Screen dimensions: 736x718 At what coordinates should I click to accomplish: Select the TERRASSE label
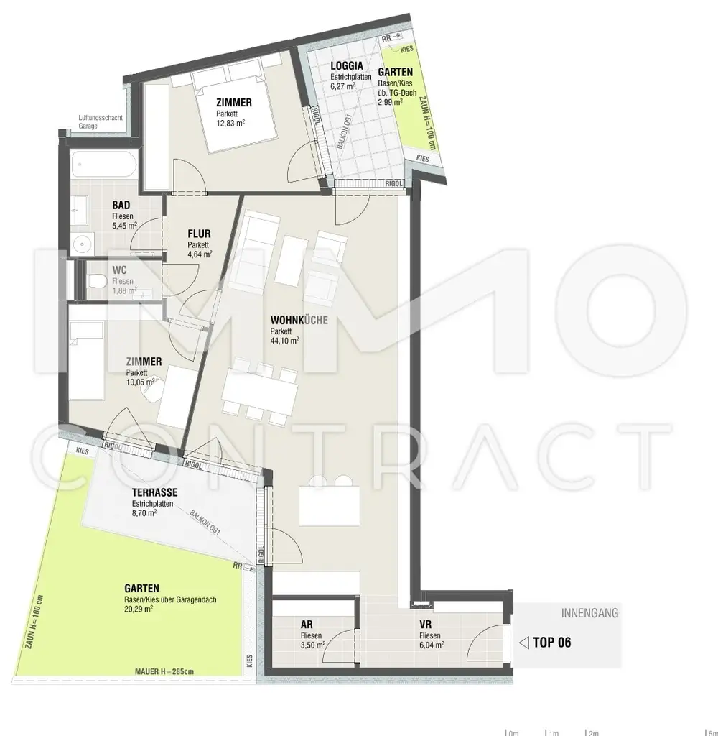click(154, 492)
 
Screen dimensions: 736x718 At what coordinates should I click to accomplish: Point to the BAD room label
click(121, 205)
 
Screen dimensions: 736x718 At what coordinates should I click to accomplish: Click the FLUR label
click(199, 234)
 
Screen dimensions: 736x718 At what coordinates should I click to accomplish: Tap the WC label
click(120, 270)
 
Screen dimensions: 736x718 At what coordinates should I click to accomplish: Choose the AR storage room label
click(307, 625)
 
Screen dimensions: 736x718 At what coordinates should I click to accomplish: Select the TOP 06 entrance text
click(552, 643)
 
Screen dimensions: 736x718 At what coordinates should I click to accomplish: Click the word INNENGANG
click(589, 613)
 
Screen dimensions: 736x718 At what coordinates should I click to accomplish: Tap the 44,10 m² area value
click(284, 341)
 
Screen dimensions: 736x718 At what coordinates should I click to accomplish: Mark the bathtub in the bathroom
click(103, 167)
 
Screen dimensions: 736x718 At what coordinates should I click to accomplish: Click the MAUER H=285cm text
click(164, 672)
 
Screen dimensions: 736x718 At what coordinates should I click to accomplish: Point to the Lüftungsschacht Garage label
click(98, 122)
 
